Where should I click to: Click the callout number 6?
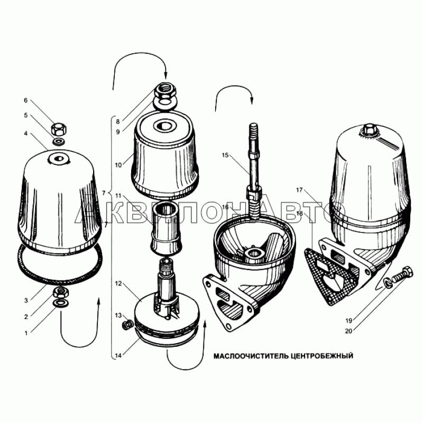click(x=26, y=100)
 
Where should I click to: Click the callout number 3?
click(x=26, y=300)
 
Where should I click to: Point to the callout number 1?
click(x=26, y=333)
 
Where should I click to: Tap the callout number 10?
click(x=118, y=165)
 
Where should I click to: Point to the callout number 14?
click(x=118, y=355)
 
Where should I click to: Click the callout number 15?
click(x=225, y=155)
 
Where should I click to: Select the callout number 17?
click(x=299, y=190)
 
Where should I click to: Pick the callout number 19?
click(x=349, y=321)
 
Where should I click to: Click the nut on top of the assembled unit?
click(x=368, y=130)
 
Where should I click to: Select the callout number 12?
click(x=118, y=283)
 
